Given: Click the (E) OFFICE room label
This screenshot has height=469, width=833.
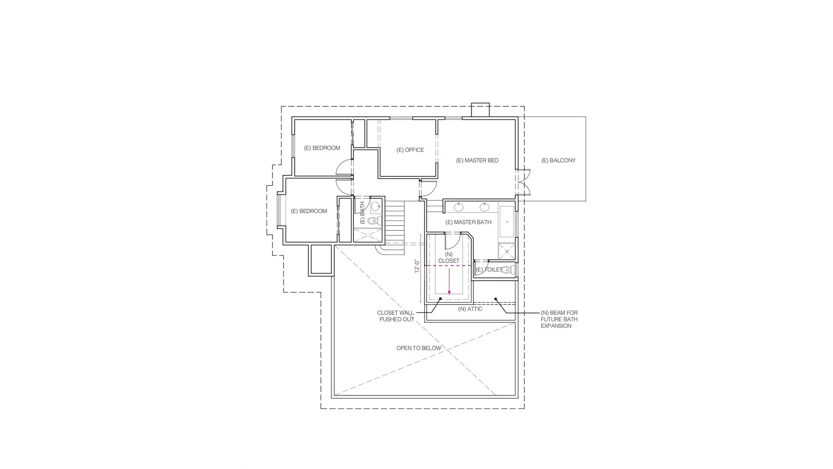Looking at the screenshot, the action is click(x=410, y=150).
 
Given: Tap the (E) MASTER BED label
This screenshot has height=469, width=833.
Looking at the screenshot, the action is click(x=477, y=160).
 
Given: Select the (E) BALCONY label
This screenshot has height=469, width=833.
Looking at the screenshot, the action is click(x=558, y=160).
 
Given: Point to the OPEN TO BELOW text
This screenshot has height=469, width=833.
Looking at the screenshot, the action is click(x=418, y=348).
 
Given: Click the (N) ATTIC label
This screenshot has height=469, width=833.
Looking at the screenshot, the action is click(x=470, y=309).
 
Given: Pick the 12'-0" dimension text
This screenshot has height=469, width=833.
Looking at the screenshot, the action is click(x=417, y=267).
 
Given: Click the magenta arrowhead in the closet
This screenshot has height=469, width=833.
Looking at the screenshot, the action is click(x=449, y=292).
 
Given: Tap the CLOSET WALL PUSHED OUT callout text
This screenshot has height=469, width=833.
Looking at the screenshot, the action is click(x=396, y=316).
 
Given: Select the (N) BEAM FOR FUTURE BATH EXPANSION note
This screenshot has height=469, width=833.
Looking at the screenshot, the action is click(x=559, y=319).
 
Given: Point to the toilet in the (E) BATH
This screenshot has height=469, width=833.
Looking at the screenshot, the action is click(x=374, y=220).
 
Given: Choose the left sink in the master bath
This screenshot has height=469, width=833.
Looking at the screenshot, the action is click(x=459, y=207).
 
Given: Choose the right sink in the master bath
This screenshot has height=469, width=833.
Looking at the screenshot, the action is click(x=484, y=207).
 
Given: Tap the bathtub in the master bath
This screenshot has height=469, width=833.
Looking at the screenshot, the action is click(x=507, y=221).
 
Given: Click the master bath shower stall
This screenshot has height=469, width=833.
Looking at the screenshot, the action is click(x=507, y=252).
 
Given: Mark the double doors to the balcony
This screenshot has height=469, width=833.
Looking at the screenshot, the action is click(x=523, y=182).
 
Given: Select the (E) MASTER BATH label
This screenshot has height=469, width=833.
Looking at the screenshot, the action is click(x=468, y=222).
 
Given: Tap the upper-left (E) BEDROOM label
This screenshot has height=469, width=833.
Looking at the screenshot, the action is click(x=322, y=148).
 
